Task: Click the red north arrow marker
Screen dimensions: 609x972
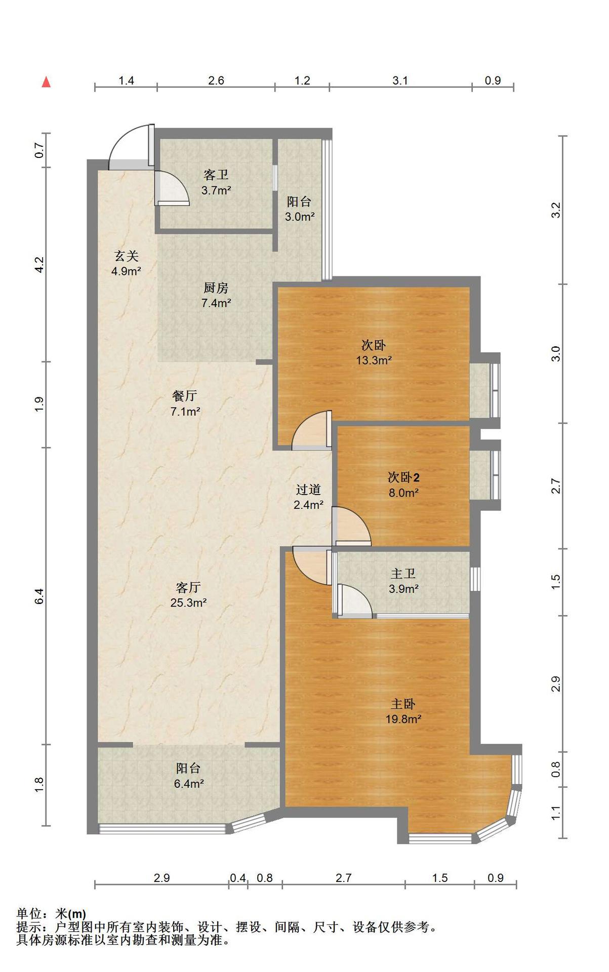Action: point(46,82)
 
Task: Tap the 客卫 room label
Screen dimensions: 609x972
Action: point(216,175)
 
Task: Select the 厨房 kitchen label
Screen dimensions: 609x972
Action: point(216,288)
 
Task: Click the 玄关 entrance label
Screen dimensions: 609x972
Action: point(126,256)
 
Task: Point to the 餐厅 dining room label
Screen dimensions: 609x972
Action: point(185,396)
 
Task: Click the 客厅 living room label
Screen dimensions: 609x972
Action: point(188,587)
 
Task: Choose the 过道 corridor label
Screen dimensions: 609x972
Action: point(308,490)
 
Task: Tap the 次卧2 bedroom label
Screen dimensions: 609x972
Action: point(403,477)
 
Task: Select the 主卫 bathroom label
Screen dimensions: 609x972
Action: point(403,574)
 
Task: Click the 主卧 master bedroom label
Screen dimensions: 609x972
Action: point(403,704)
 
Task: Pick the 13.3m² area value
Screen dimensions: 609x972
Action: point(374,360)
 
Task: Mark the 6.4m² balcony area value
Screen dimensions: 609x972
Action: point(189,784)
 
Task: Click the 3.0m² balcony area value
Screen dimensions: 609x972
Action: point(300,217)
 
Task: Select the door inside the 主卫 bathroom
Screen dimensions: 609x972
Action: point(354,601)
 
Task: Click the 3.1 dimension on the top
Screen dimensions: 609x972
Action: point(400,80)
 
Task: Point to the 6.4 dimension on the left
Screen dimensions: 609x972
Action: point(40,596)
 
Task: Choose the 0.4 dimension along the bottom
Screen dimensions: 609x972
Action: point(238,878)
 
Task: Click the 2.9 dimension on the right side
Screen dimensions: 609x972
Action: point(556,684)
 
